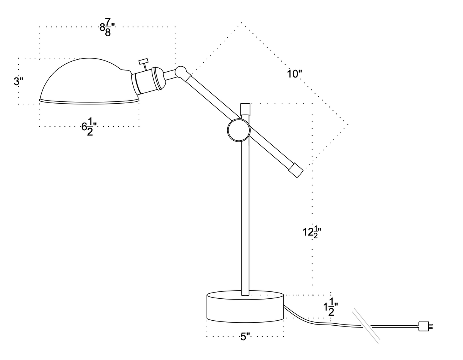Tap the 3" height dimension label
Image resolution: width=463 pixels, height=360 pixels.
click(x=18, y=81)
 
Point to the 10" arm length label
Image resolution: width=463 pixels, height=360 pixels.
click(x=294, y=74)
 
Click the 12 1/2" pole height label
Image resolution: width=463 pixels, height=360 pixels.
click(x=312, y=232)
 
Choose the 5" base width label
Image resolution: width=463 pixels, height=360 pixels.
click(x=245, y=337)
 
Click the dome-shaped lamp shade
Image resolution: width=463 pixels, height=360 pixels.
click(x=85, y=83)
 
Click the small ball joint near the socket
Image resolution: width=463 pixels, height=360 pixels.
click(x=180, y=71)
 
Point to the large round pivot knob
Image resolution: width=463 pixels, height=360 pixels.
click(x=239, y=130)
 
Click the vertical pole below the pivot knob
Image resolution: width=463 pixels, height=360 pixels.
click(x=245, y=216)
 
